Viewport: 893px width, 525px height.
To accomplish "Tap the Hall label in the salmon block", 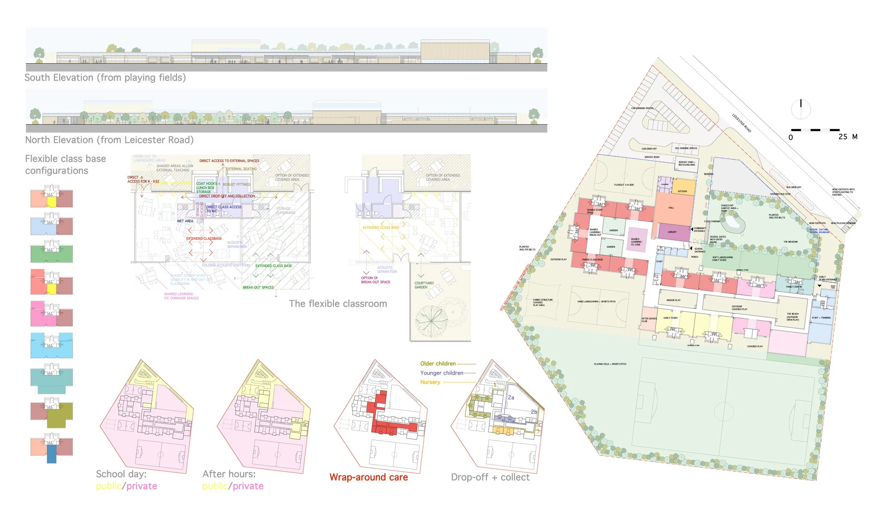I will point(671,208).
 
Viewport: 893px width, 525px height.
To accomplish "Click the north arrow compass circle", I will point(801,109).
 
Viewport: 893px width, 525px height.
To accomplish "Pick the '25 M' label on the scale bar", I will point(848,137).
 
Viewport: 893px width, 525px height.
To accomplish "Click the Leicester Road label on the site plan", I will point(742,123).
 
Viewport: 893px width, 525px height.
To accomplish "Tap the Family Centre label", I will point(794,287).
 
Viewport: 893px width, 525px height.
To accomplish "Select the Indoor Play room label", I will point(673,300).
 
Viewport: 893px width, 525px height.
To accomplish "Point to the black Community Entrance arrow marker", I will point(692,229).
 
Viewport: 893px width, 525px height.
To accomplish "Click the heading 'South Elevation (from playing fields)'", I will point(105,78).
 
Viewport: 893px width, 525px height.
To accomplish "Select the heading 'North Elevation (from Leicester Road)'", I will point(109,140).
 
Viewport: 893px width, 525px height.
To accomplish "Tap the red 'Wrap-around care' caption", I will point(369,477).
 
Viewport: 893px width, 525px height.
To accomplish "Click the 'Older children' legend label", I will point(438,364).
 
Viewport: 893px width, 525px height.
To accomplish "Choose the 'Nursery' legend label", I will point(430,382).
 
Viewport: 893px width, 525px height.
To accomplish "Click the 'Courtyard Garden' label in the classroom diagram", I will point(424,285).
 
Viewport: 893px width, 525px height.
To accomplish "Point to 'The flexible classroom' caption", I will point(338,304).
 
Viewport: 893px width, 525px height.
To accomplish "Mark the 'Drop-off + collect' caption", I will point(490,477).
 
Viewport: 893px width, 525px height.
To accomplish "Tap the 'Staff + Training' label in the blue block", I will point(821,318).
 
